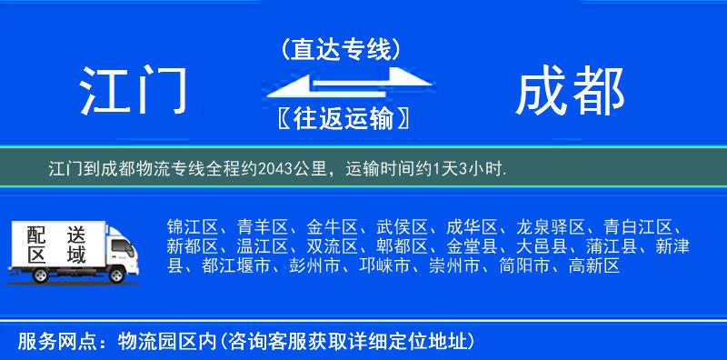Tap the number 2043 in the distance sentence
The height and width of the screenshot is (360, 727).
click(x=275, y=168)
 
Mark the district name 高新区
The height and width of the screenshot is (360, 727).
click(x=593, y=266)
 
